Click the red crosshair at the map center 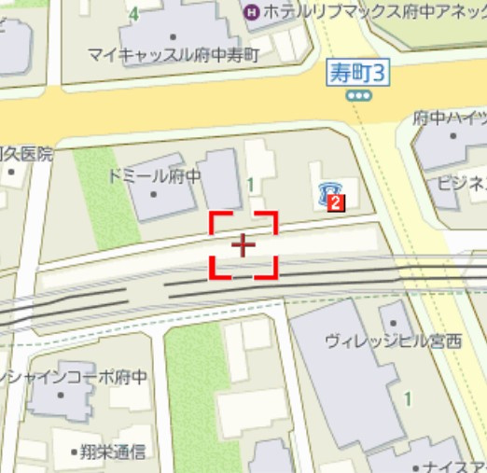tap(243, 245)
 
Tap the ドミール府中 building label tap(154, 175)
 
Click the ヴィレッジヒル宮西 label tap(393, 341)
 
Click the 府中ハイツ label tap(450, 118)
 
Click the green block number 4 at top tap(135, 13)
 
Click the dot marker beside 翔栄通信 tap(75, 453)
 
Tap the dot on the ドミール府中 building tap(154, 194)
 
